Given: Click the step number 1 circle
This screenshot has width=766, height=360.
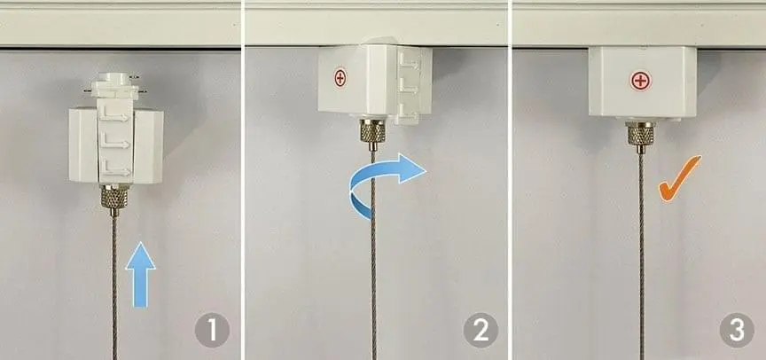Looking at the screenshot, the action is coord(212,331).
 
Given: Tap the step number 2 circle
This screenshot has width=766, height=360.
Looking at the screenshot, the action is coord(481,331).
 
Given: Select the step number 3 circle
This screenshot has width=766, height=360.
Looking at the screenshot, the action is coord(737,331).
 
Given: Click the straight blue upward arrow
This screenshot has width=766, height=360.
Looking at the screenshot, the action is coord(141,275).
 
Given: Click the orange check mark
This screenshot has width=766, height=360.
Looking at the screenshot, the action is coord(678,179).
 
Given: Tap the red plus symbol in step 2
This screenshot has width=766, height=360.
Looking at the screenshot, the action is coord(340,78).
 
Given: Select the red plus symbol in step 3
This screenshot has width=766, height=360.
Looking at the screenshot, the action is coord(641,81).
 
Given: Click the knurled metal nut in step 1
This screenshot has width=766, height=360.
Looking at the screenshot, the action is coord(114,198).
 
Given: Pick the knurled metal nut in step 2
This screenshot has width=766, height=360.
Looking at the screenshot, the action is coord(372,132).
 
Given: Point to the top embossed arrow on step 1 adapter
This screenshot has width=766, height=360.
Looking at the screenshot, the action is coord(115,117).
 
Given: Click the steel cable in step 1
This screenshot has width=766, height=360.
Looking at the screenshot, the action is coord(114,287).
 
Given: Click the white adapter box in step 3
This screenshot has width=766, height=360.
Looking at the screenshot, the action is coord(643,82).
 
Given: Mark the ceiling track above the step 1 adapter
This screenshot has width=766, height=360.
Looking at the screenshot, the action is coord(121,26).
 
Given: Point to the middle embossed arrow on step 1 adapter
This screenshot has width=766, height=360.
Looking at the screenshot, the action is coord(115,143).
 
